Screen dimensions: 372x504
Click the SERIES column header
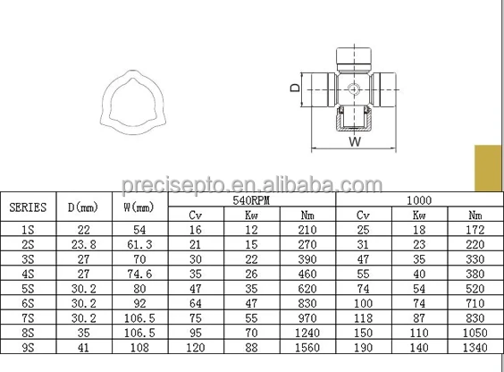coord(28,207)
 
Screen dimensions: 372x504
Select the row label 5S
coord(28,289)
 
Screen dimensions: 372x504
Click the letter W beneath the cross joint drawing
coord(355,140)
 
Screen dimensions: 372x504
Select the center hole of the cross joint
coord(356,89)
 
